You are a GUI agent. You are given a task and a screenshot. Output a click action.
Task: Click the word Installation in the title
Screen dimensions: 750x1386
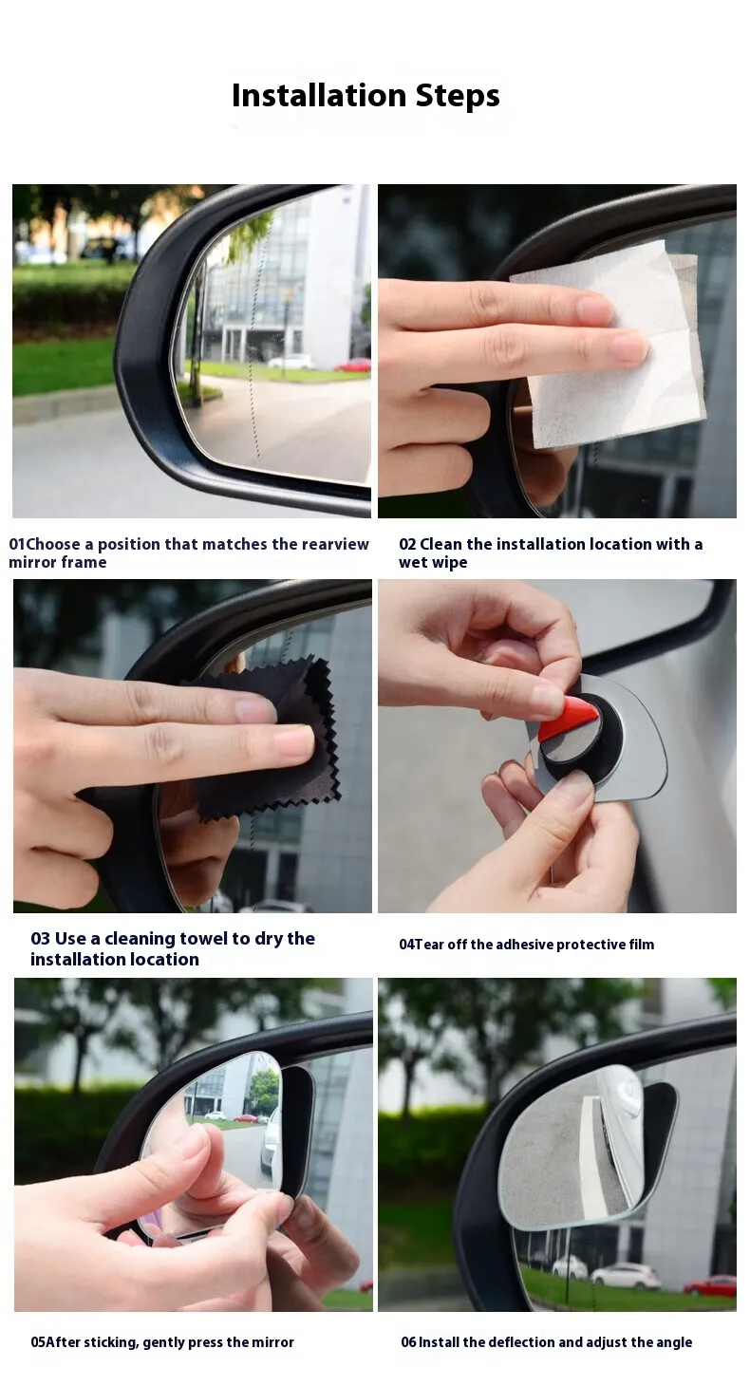(x=319, y=95)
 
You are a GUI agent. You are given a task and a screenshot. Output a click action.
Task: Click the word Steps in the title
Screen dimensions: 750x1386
(x=458, y=95)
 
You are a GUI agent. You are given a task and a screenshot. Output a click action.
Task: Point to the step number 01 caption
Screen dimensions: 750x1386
(x=17, y=545)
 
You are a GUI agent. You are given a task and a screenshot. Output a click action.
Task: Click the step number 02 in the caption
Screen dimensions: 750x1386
(x=407, y=545)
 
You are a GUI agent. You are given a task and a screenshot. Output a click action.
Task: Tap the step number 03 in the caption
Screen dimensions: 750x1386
(x=40, y=939)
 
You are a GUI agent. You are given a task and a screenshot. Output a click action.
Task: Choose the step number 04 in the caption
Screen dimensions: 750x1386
(x=406, y=945)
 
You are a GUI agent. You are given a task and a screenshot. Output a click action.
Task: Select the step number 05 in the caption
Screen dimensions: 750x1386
(x=38, y=1342)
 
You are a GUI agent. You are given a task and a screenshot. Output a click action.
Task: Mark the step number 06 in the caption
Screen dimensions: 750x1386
(x=408, y=1342)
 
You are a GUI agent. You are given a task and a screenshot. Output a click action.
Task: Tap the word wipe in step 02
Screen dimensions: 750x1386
(x=451, y=563)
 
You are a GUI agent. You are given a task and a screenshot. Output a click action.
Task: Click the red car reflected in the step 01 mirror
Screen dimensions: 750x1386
(x=352, y=365)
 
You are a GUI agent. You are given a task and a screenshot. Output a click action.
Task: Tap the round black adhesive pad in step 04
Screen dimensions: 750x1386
(x=578, y=740)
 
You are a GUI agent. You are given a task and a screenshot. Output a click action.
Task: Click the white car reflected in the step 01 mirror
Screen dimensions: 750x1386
(x=291, y=362)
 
